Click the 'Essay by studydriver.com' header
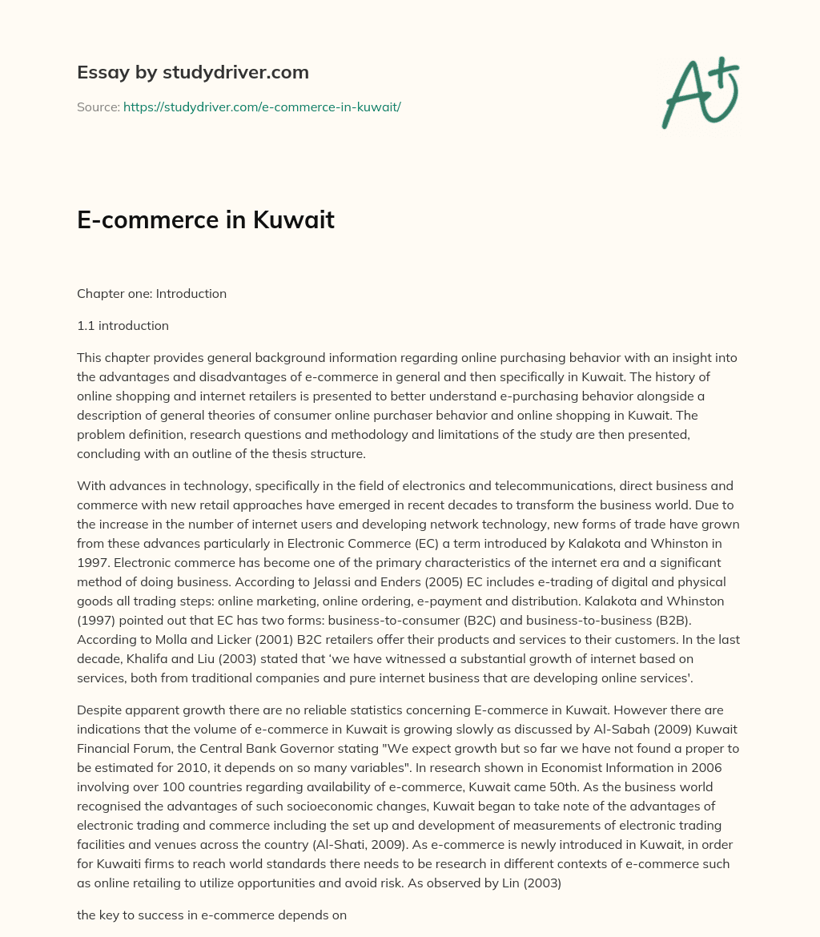192,73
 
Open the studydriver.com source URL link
262,107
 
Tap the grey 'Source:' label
98,107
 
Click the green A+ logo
700,92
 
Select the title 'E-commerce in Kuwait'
205,220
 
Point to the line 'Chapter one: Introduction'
151,293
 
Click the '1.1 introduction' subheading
123,326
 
